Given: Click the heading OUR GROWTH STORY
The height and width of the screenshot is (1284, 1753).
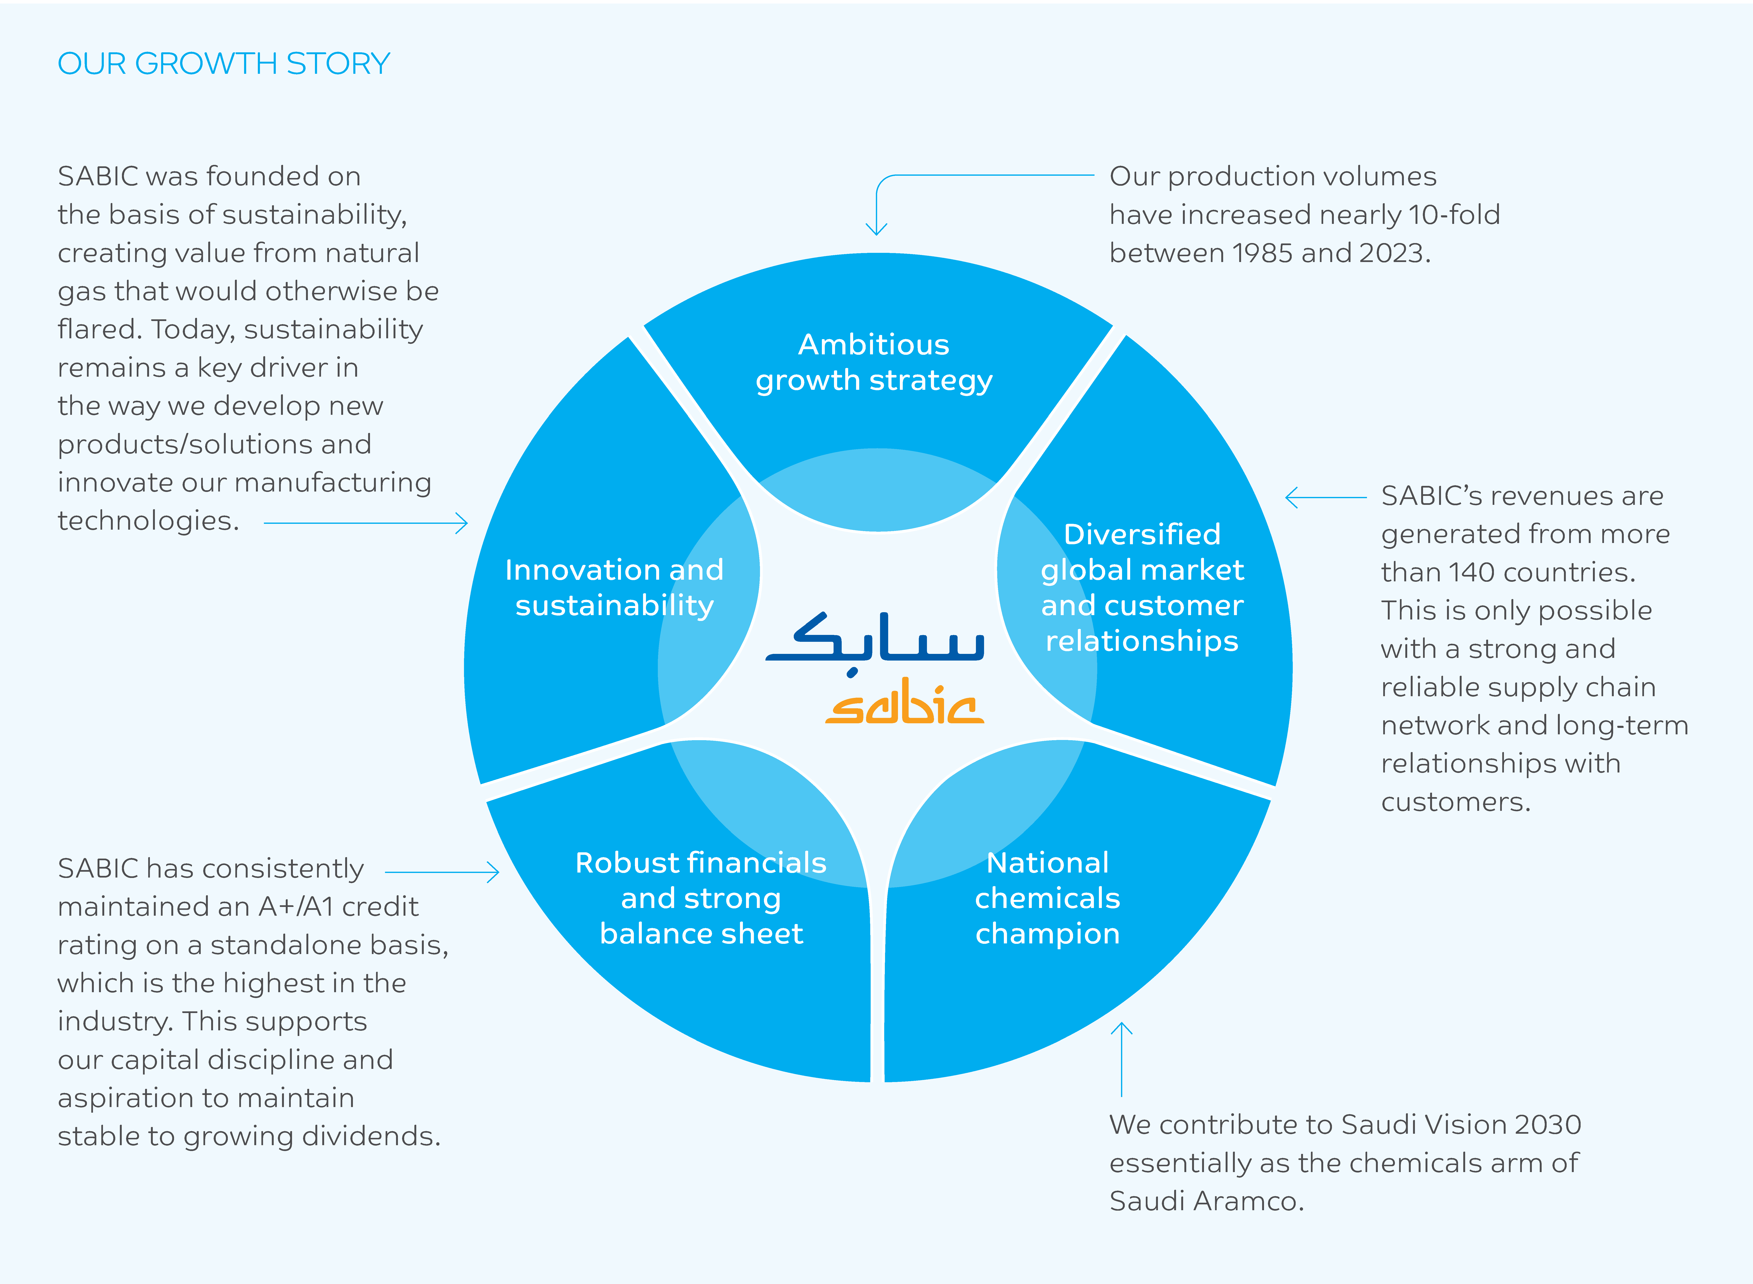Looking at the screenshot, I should (224, 64).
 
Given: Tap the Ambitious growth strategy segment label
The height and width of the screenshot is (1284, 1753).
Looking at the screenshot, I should (874, 362).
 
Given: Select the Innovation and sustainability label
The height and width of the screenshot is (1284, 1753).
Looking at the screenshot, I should (614, 588).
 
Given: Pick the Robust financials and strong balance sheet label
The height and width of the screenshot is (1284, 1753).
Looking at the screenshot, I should (701, 898).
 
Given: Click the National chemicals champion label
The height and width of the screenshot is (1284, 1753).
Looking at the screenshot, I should (1047, 898).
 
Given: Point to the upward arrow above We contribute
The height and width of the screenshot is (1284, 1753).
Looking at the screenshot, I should (1121, 1057).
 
